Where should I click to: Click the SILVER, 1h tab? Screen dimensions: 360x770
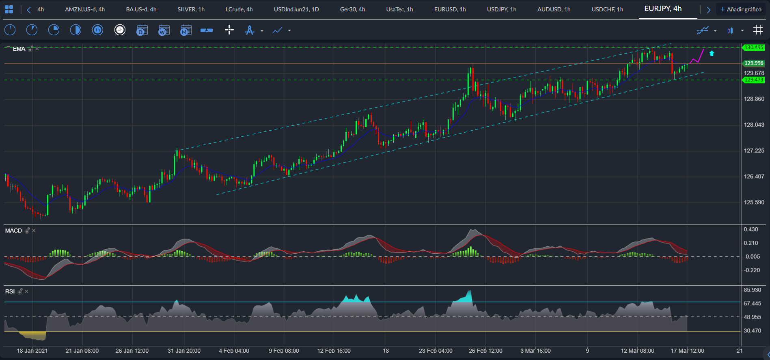click(191, 9)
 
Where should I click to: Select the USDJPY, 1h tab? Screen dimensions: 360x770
click(502, 9)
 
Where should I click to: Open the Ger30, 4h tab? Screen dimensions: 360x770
click(352, 9)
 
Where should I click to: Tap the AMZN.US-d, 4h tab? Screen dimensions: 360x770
click(85, 9)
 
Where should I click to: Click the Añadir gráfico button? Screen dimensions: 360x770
click(741, 9)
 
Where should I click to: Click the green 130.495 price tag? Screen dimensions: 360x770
click(754, 47)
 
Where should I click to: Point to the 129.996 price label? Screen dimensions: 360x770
click(754, 63)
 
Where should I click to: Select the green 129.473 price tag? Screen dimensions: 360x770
click(754, 80)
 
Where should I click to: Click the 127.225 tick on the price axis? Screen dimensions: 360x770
click(754, 151)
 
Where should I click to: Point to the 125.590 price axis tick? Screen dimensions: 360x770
click(754, 202)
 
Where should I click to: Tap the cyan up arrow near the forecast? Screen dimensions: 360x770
click(712, 53)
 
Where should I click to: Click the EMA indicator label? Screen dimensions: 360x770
click(19, 49)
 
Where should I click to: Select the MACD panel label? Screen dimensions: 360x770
click(13, 231)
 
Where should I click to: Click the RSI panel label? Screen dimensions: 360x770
click(10, 291)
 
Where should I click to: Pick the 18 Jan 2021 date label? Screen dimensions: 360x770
click(32, 351)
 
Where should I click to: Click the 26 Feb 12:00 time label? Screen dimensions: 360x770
click(485, 351)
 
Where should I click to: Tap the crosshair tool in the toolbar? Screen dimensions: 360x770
click(229, 30)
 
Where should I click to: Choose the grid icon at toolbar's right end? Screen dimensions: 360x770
click(758, 30)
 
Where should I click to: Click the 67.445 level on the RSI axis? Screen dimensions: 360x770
click(752, 304)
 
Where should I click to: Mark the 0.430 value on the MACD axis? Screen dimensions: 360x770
click(751, 229)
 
